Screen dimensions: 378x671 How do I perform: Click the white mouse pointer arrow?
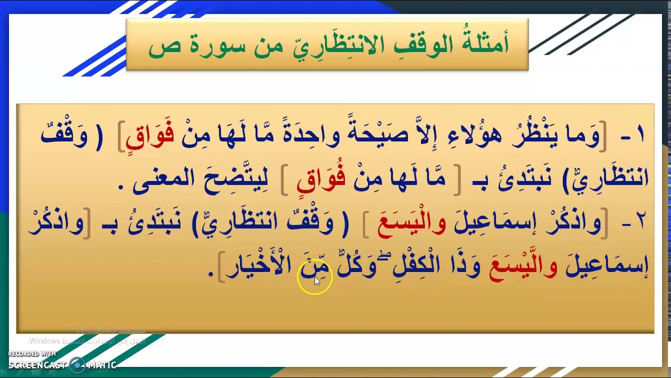pyautogui.click(x=317, y=281)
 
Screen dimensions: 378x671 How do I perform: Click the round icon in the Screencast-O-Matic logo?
pyautogui.click(x=78, y=364)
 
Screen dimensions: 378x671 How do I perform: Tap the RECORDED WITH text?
pyautogui.click(x=32, y=354)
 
